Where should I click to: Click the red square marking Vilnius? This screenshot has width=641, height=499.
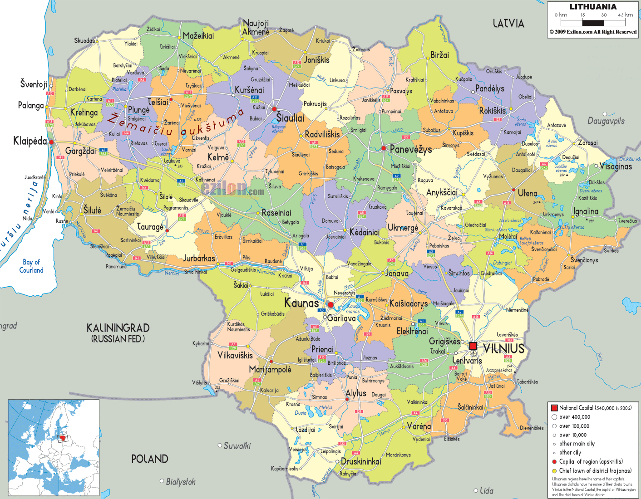473,346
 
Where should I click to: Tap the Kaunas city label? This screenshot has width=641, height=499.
301,303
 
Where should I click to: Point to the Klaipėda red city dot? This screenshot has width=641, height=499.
52,142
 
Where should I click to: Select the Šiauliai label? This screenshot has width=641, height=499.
290,118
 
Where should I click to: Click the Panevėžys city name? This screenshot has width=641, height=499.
411,149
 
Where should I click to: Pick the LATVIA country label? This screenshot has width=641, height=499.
508,24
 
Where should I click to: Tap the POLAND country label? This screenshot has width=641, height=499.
150,459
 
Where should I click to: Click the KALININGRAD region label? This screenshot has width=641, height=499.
118,328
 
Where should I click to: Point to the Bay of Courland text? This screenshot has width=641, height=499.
31,266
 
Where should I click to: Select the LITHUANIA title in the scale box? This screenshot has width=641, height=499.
593,7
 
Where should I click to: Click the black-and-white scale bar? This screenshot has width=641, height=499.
593,22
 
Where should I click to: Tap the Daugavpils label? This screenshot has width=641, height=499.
606,121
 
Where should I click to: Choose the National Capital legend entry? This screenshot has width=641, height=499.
595,408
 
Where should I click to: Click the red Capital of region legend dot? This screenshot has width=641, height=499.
554,462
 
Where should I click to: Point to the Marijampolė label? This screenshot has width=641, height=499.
270,370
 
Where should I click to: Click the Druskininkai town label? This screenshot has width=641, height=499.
361,461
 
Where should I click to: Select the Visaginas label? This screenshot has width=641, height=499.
616,166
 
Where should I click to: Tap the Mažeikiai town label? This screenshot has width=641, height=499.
198,36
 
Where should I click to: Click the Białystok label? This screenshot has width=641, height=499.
181,482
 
